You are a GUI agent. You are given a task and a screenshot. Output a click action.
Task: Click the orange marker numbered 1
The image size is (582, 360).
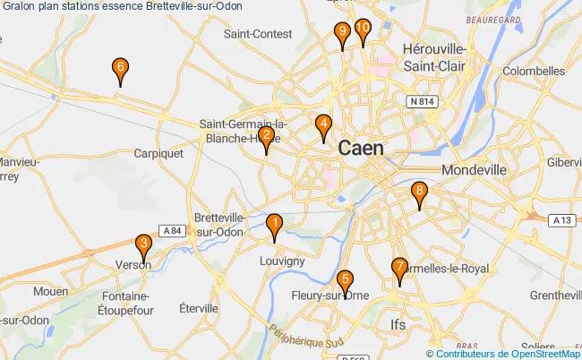(275, 223)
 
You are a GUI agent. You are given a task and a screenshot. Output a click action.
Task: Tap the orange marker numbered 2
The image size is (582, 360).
(266, 137)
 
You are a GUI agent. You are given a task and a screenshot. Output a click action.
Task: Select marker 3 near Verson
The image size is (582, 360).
(142, 244)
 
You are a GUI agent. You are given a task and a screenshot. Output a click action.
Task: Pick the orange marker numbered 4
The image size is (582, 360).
(324, 125)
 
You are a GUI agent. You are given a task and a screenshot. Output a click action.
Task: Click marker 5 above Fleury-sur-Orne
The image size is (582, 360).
(347, 280)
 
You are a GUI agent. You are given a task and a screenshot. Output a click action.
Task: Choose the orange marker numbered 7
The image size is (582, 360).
(399, 267)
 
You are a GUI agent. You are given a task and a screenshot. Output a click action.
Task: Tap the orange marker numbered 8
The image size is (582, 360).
(419, 192)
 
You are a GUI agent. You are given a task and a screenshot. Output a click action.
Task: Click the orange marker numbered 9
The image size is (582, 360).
(341, 32)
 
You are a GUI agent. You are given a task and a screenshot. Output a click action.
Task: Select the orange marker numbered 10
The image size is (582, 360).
(363, 30)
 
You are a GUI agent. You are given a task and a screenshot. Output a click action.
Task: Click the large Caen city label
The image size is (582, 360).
(362, 149)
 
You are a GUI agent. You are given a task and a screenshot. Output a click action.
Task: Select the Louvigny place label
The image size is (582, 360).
(281, 261)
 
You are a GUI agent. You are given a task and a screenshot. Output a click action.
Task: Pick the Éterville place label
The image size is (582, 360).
(199, 308)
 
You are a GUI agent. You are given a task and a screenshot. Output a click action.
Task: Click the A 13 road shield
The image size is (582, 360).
(562, 219)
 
